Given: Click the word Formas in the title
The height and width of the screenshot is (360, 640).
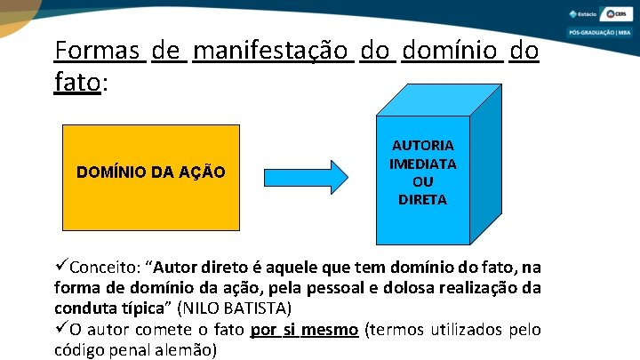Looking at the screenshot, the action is [x=99, y=50].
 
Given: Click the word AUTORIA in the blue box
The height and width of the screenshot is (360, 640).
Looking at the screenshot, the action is [x=422, y=145].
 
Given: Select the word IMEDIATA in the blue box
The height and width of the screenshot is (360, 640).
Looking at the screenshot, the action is [x=422, y=164].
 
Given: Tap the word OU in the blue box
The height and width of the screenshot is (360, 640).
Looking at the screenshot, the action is [x=422, y=181].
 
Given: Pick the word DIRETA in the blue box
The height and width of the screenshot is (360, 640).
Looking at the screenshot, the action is [x=422, y=200].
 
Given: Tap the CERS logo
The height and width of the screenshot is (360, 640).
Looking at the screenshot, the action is [x=615, y=14].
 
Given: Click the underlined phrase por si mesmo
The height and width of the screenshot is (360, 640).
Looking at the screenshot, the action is [x=304, y=330].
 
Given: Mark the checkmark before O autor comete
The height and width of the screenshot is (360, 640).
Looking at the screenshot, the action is [x=60, y=330].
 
